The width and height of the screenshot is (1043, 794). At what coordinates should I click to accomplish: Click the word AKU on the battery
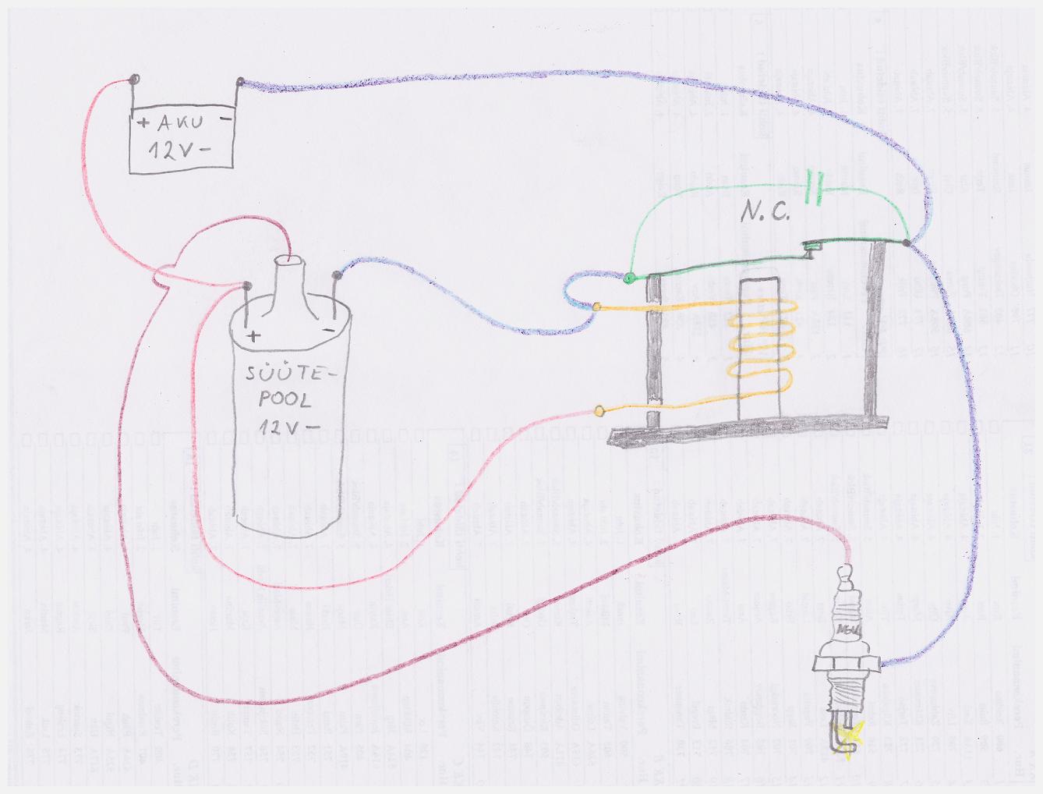tap(180, 122)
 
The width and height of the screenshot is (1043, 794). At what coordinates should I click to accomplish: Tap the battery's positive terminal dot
tap(136, 79)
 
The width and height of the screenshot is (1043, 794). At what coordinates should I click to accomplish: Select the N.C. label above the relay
tap(765, 212)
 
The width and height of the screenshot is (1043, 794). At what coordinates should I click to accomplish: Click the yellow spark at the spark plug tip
tap(850, 734)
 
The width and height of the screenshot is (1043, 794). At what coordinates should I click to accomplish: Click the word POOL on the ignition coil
tap(285, 400)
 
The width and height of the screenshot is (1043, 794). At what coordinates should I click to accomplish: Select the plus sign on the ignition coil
tap(254, 336)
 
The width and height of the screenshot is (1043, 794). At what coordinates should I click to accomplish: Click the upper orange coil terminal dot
tap(597, 307)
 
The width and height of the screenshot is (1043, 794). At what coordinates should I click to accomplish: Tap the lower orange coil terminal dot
tap(599, 411)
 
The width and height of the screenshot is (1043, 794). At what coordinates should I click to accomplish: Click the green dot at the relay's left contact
tap(629, 277)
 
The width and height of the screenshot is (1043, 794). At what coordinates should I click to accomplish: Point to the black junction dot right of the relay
tap(907, 243)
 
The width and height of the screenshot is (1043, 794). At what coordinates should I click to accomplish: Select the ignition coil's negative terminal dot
tap(337, 275)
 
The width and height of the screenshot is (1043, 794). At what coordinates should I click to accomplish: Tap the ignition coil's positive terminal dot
tap(247, 285)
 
